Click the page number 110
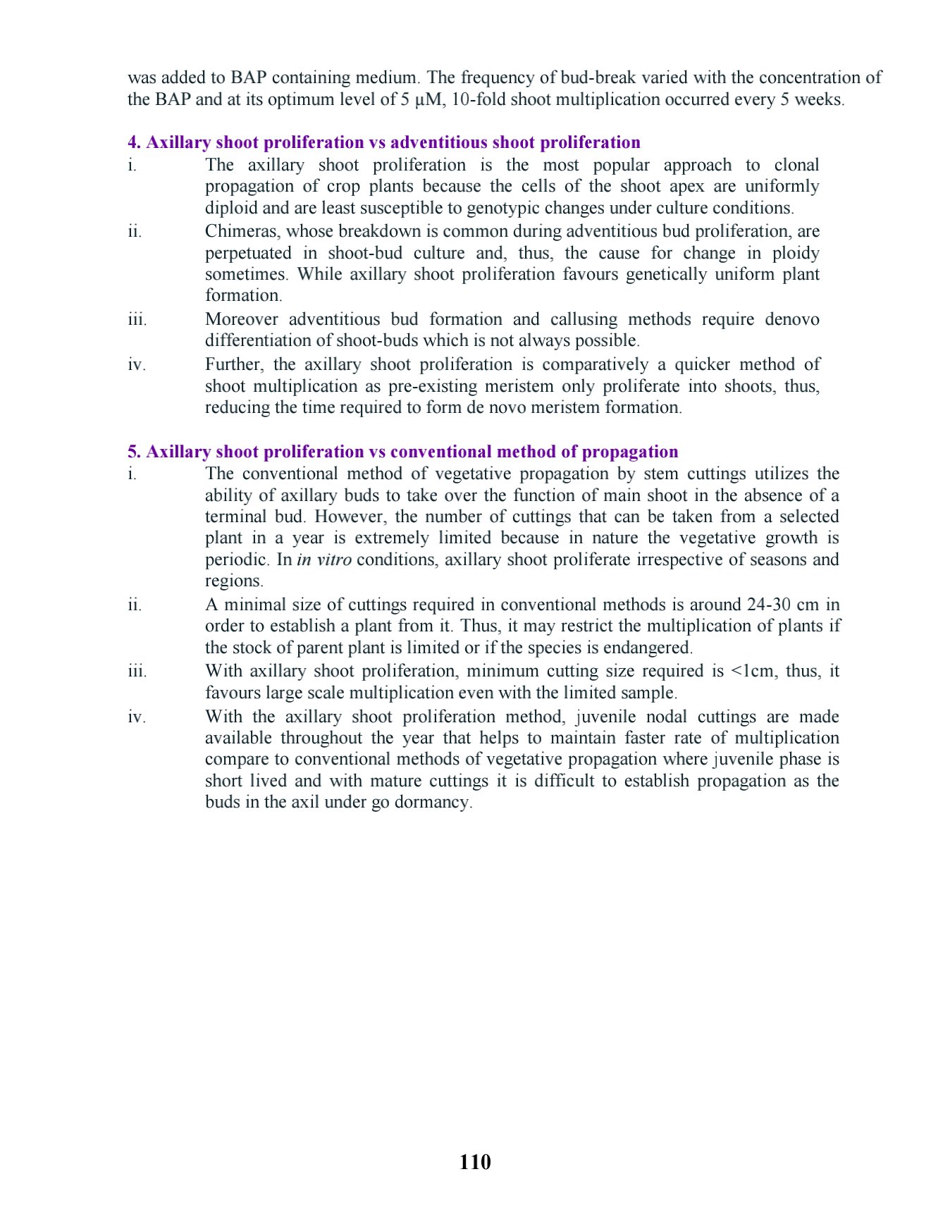474,1162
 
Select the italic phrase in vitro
323,560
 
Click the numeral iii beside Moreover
137,319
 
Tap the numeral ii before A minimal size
134,605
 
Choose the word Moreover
241,319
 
